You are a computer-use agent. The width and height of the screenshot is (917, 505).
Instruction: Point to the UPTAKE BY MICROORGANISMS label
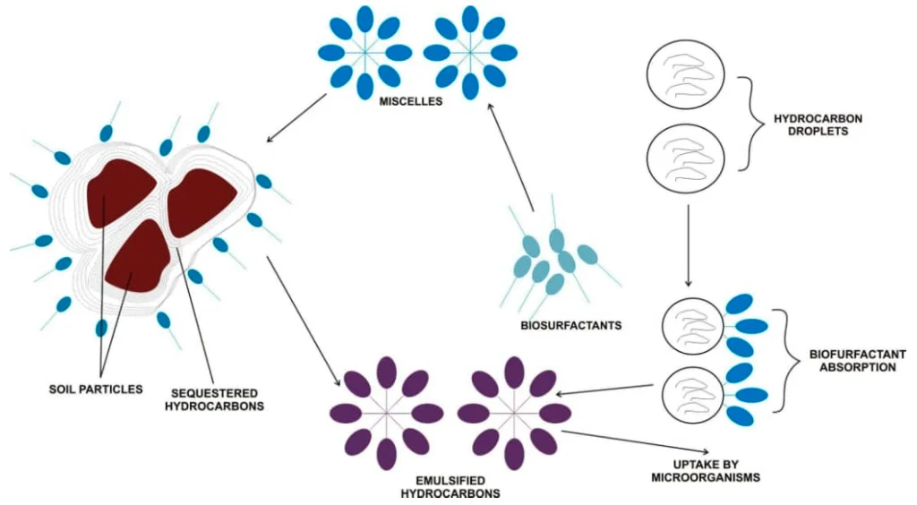point(705,471)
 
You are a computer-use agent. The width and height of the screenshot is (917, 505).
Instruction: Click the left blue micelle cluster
point(364,52)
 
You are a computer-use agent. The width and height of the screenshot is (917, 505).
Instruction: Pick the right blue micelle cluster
point(470,52)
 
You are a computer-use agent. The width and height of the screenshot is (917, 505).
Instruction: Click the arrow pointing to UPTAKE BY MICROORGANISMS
point(637,441)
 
